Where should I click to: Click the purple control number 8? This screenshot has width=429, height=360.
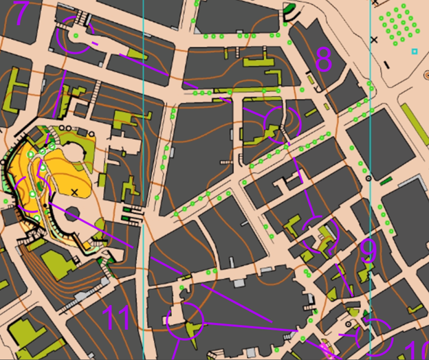(323, 62)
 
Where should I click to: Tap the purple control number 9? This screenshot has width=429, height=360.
(368, 251)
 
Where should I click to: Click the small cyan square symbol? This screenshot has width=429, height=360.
(414, 52)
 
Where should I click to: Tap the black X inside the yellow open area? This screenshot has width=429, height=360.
(75, 191)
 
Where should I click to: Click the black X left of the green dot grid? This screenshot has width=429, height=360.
(374, 40)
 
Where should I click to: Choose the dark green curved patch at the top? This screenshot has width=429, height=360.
(290, 12)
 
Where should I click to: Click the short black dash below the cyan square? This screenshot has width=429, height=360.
(387, 65)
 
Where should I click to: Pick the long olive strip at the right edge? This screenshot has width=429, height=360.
(415, 124)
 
